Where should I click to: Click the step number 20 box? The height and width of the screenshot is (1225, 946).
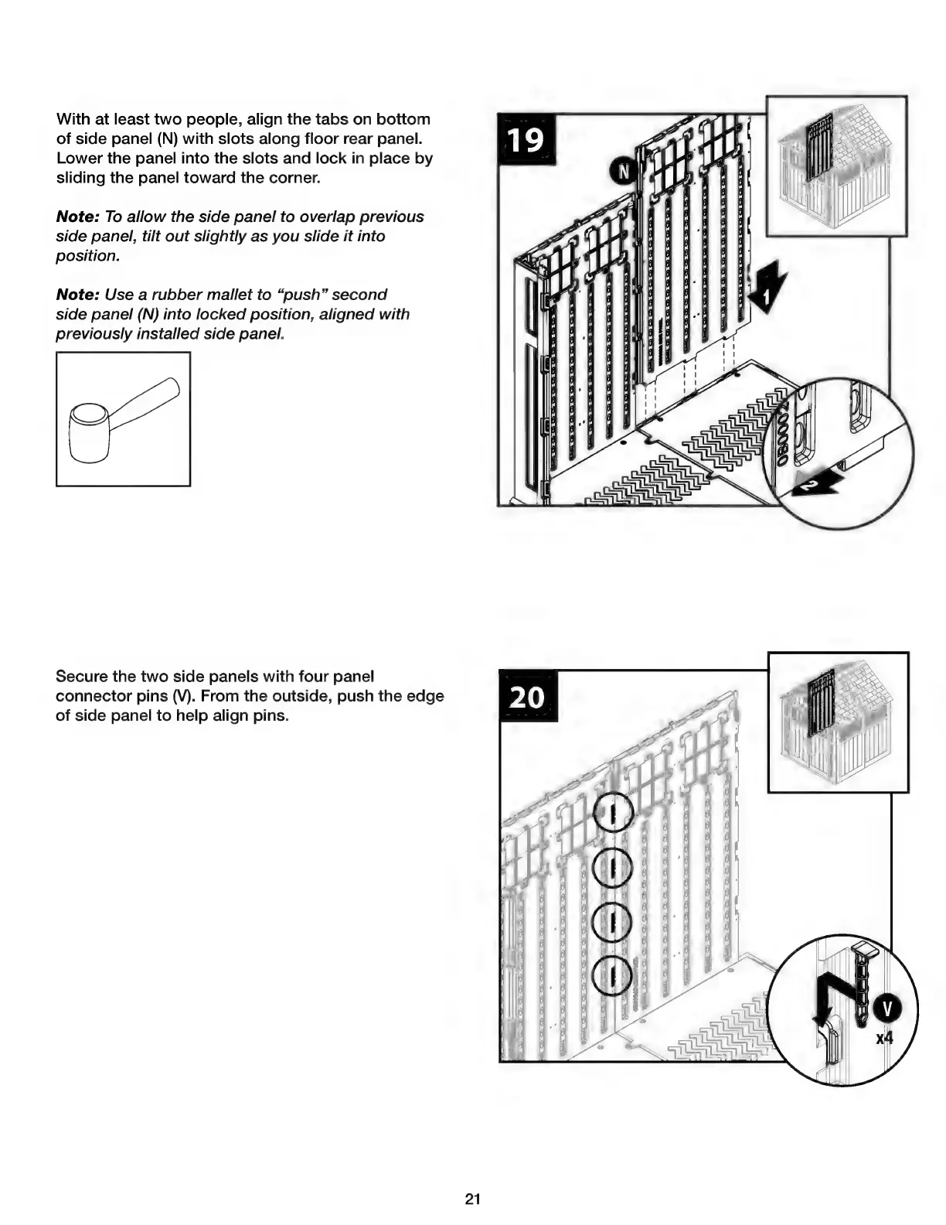[528, 696]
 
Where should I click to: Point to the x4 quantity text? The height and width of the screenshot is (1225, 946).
[883, 1037]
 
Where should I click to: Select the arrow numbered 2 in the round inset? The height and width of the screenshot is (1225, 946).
[814, 483]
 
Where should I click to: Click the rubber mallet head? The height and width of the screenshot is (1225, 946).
[87, 431]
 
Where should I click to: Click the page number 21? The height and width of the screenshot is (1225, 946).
[473, 1199]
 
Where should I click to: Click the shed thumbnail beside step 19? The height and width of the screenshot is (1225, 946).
[835, 165]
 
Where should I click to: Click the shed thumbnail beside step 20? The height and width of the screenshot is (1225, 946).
[838, 722]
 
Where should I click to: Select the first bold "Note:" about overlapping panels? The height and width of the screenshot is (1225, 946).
[77, 217]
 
